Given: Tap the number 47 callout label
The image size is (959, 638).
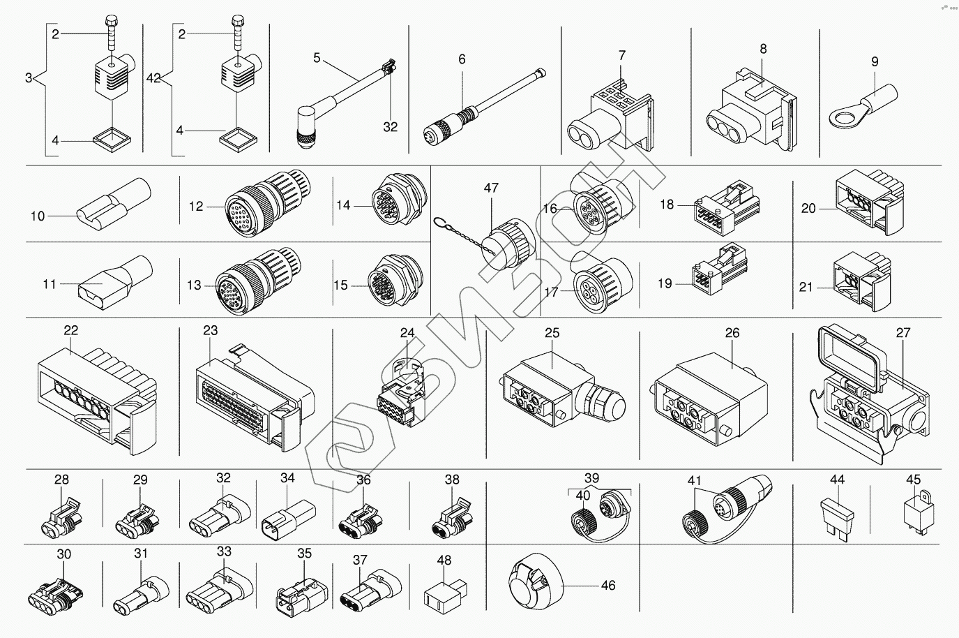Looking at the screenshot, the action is pyautogui.click(x=491, y=188).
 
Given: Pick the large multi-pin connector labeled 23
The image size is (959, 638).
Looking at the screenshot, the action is pyautogui.click(x=255, y=398).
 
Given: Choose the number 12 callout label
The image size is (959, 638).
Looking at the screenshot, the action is pyautogui.click(x=196, y=207).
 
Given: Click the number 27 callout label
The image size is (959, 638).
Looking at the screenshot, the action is pyautogui.click(x=903, y=332).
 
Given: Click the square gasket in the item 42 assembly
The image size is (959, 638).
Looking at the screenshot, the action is pyautogui.click(x=239, y=140).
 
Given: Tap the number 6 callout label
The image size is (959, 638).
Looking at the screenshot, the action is pyautogui.click(x=462, y=59).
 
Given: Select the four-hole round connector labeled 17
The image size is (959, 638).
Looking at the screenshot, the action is pyautogui.click(x=602, y=283).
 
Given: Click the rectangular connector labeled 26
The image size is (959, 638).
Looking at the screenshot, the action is pyautogui.click(x=711, y=399).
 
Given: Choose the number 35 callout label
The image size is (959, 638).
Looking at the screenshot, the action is pyautogui.click(x=304, y=553).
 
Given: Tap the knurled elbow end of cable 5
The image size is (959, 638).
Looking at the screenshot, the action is pyautogui.click(x=305, y=128).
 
